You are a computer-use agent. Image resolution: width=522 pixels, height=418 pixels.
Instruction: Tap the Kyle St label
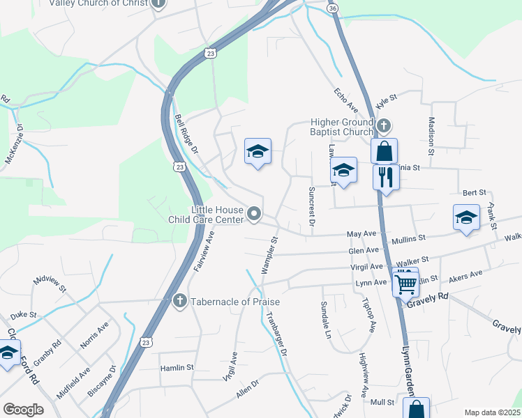point(386,102)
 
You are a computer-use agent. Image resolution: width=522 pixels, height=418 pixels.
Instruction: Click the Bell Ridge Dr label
point(186,134)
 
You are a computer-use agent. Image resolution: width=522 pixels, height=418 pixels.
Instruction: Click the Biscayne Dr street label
point(107,381)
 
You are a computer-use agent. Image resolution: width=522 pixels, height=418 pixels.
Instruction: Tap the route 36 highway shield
point(333,8)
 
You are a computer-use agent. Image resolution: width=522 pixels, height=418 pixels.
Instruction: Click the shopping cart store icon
point(405,283)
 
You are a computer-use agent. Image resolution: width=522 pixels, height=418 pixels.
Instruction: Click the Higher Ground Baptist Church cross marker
point(384,126)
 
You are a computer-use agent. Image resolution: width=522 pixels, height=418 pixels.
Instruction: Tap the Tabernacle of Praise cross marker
point(179,301)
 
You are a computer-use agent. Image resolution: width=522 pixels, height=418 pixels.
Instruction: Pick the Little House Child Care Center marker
point(254,214)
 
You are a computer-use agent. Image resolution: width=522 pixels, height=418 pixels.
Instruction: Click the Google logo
point(23,410)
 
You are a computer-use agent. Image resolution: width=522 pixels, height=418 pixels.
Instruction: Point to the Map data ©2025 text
point(491,412)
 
